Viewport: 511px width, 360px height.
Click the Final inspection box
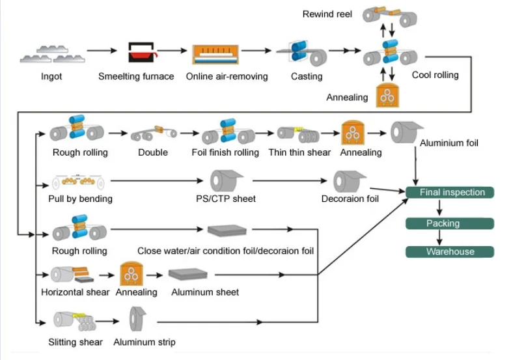449,193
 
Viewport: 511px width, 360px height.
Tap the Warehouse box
450,252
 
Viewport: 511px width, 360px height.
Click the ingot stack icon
51,53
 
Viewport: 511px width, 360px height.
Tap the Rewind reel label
327,14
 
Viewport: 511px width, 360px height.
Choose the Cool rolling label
435,75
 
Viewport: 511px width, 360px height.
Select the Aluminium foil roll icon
407,133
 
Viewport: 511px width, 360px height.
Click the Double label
152,152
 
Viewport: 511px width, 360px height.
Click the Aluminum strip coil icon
138,320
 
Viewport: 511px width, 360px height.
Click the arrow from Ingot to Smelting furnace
102,51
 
